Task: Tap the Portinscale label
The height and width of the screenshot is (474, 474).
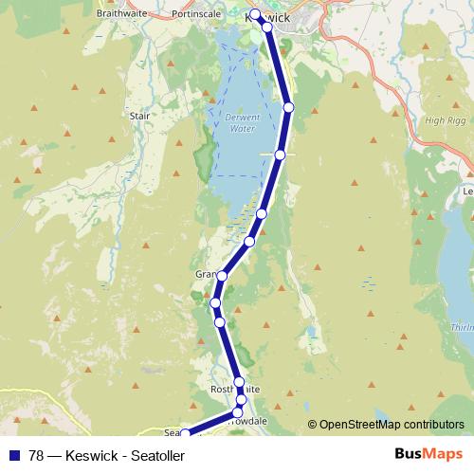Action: click(195, 14)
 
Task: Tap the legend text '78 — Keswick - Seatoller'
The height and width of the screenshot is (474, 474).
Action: click(106, 456)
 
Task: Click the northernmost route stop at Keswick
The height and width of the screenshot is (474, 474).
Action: click(255, 13)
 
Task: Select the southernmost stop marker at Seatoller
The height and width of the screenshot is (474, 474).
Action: click(184, 434)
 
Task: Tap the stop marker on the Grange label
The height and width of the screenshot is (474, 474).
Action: click(222, 276)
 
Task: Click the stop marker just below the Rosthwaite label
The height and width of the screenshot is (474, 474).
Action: click(241, 400)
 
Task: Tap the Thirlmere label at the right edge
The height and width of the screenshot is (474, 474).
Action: click(462, 326)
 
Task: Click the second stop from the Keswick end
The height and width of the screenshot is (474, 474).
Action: click(266, 27)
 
